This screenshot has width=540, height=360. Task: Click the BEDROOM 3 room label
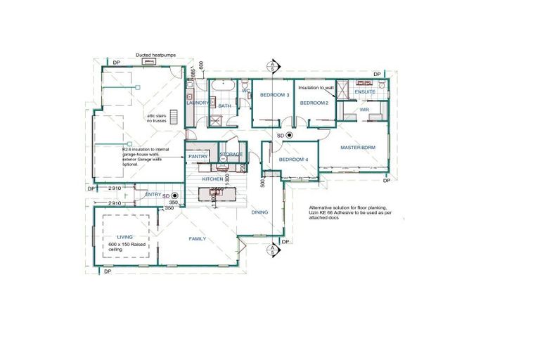[275, 94]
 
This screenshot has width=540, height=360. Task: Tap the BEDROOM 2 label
[314, 103]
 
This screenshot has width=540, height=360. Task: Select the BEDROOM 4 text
[293, 160]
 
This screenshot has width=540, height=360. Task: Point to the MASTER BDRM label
[361, 148]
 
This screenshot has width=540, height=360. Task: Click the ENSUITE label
[365, 92]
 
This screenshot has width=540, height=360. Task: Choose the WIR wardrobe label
[365, 110]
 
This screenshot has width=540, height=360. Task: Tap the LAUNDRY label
[197, 103]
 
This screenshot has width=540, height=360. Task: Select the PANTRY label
[198, 156]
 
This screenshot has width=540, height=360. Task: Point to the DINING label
[260, 212]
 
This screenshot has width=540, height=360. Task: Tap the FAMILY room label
[198, 239]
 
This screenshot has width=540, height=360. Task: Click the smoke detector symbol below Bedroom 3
[288, 134]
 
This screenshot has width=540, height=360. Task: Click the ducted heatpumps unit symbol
[149, 61]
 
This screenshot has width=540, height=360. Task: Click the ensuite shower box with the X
[345, 89]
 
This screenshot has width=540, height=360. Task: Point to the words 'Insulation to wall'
[315, 88]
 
